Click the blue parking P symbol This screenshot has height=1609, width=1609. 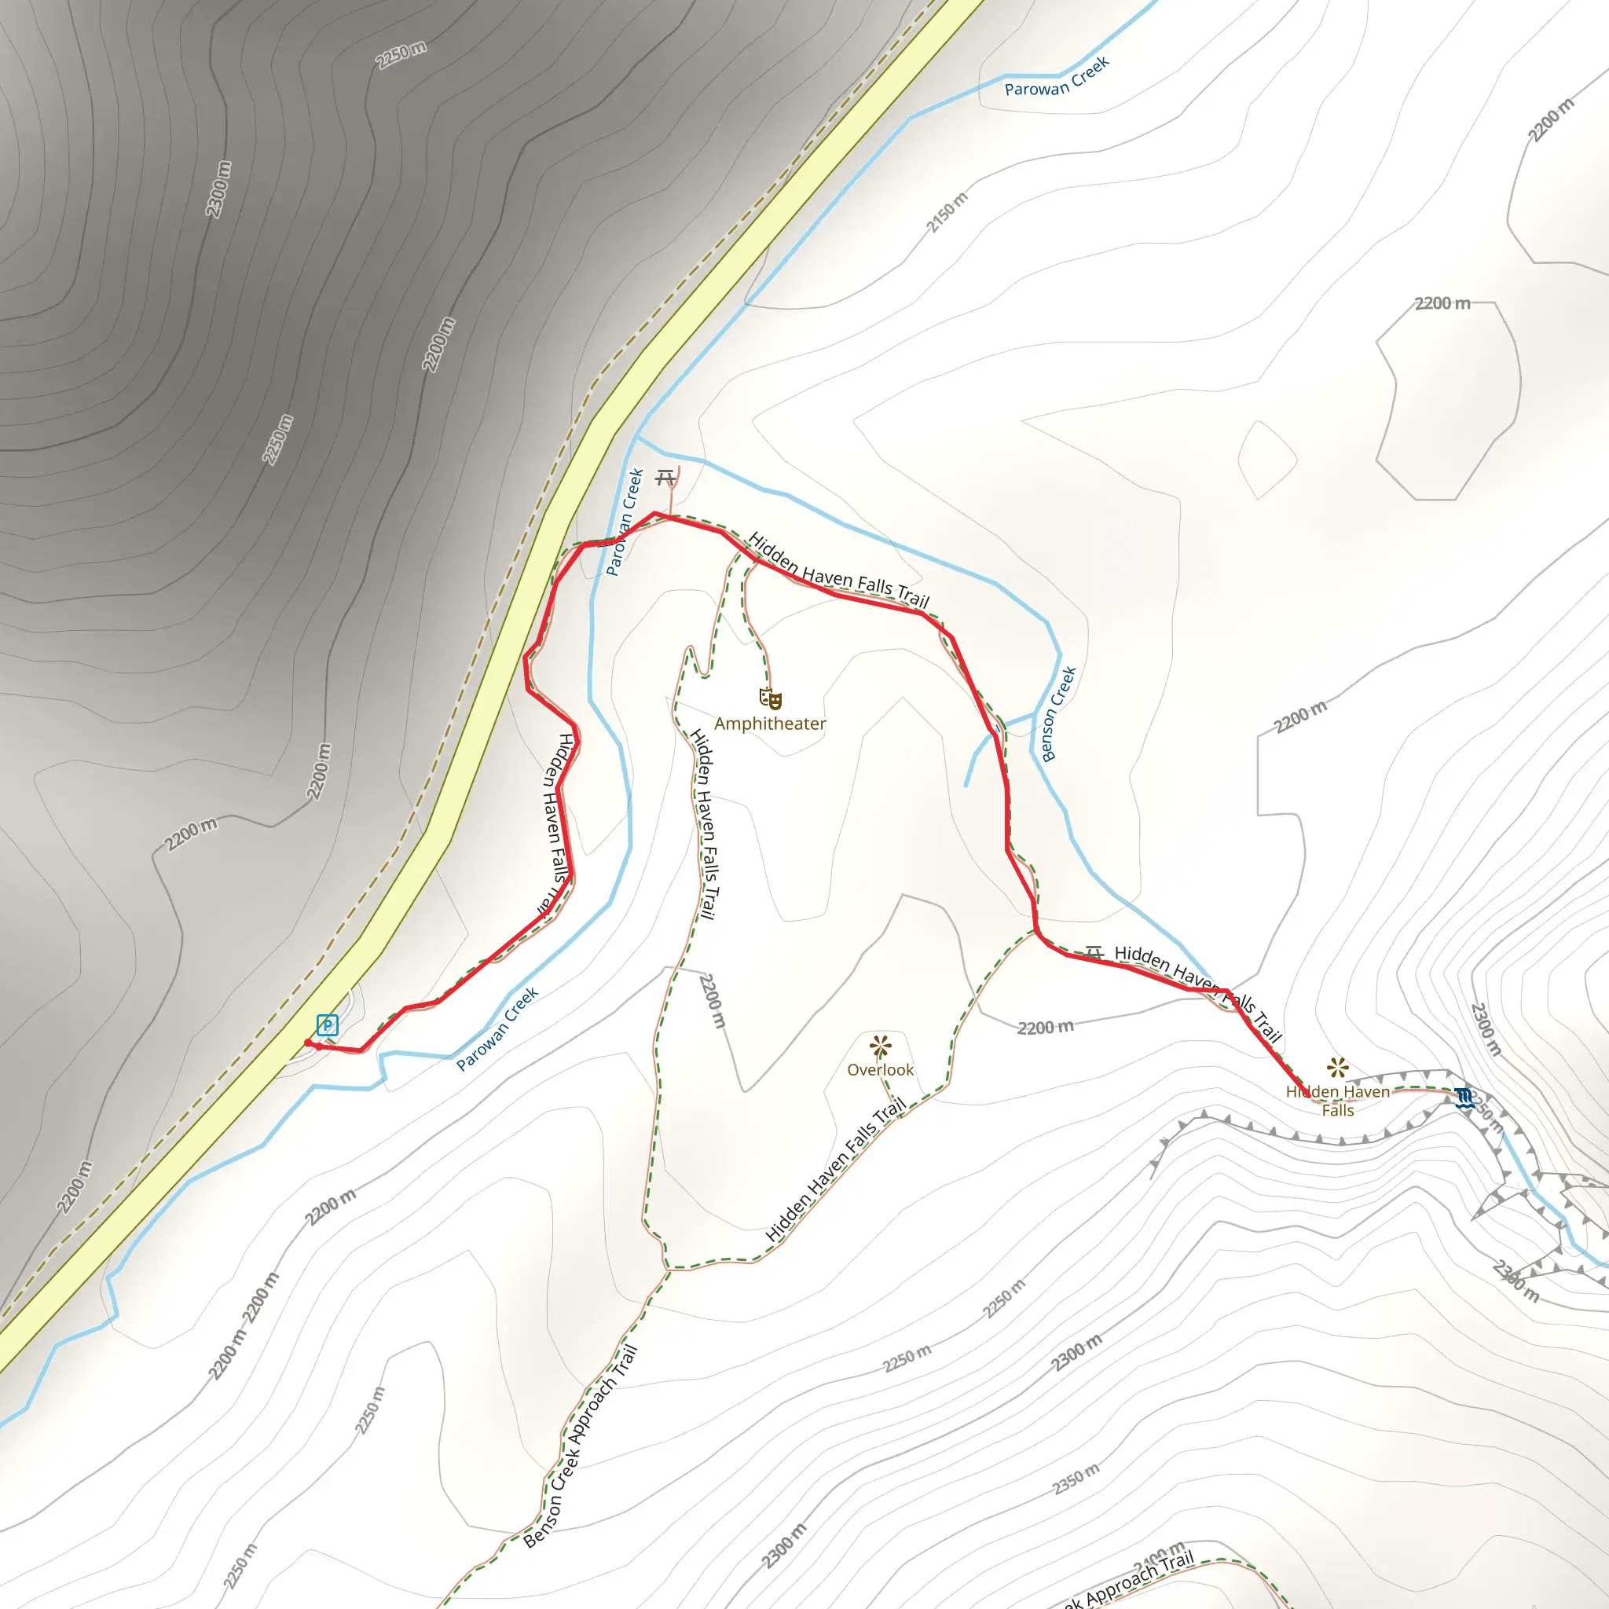click(328, 1025)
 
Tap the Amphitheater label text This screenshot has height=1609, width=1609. click(769, 724)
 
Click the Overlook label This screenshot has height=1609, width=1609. click(880, 1070)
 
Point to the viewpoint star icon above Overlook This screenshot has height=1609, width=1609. click(880, 1046)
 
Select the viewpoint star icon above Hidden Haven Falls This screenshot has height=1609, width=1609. click(1337, 1068)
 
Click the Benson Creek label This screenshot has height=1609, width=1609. click(1058, 713)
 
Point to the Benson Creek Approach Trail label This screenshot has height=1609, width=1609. click(581, 1446)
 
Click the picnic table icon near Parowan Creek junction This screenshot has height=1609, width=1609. click(665, 478)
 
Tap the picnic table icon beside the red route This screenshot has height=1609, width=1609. click(1094, 953)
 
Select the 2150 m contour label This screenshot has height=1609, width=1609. click(947, 212)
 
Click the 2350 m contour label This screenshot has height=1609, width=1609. click(1076, 1479)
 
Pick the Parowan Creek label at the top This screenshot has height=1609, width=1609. click(1057, 77)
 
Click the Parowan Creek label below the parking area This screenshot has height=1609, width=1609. click(497, 1029)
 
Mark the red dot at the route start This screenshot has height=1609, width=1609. click(308, 1043)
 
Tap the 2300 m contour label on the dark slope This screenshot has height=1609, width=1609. click(218, 189)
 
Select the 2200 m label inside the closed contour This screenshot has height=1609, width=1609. click(1442, 303)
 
